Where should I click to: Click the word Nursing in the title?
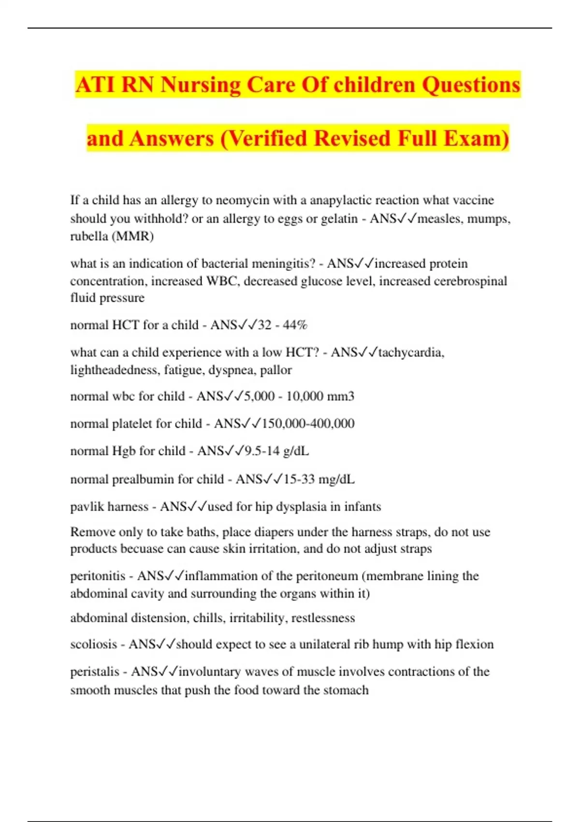click(x=200, y=86)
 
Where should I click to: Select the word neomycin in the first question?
click(x=243, y=200)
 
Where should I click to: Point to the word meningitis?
click(x=282, y=264)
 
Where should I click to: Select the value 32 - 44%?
click(x=283, y=325)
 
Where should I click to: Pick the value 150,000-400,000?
click(x=308, y=424)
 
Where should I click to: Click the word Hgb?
click(x=124, y=451)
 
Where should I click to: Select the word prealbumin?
click(x=143, y=479)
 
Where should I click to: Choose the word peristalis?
click(x=95, y=672)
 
